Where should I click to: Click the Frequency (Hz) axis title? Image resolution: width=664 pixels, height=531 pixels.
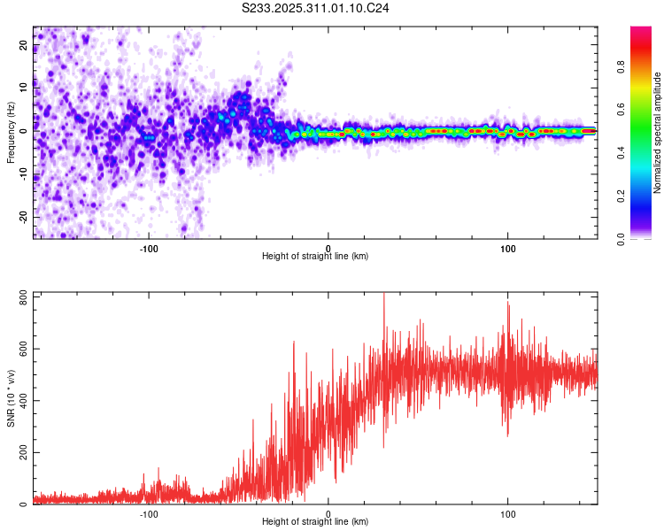[x=12, y=133]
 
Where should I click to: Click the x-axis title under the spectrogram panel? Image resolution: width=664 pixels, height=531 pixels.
[x=315, y=256]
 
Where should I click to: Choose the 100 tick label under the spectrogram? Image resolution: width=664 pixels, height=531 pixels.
[x=508, y=248]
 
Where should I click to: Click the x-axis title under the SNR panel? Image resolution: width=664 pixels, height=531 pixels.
[x=315, y=522]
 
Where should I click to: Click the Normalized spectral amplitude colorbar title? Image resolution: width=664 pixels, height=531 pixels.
[x=658, y=133]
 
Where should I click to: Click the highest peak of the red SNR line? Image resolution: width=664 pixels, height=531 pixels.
[x=383, y=295]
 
